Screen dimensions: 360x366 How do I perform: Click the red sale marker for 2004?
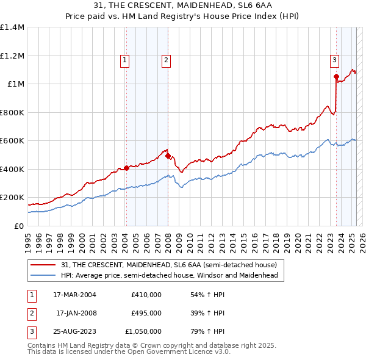coord(126,168)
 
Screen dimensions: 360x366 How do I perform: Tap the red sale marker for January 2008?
coord(168,156)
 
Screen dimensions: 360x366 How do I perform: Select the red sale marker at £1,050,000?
coord(336,76)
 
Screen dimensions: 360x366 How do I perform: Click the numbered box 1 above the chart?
coord(124,60)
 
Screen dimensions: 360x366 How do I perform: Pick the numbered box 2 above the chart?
coord(166,60)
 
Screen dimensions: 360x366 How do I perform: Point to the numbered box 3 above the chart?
coord(335,60)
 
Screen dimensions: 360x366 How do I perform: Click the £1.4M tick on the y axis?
coord(12,27)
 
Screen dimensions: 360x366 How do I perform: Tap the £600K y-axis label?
coord(12,141)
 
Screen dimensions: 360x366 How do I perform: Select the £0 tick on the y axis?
coord(19,226)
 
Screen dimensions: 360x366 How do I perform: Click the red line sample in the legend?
coord(43,265)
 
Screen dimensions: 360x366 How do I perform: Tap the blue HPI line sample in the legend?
coord(43,276)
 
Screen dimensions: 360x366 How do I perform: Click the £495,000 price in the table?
coord(146,313)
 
